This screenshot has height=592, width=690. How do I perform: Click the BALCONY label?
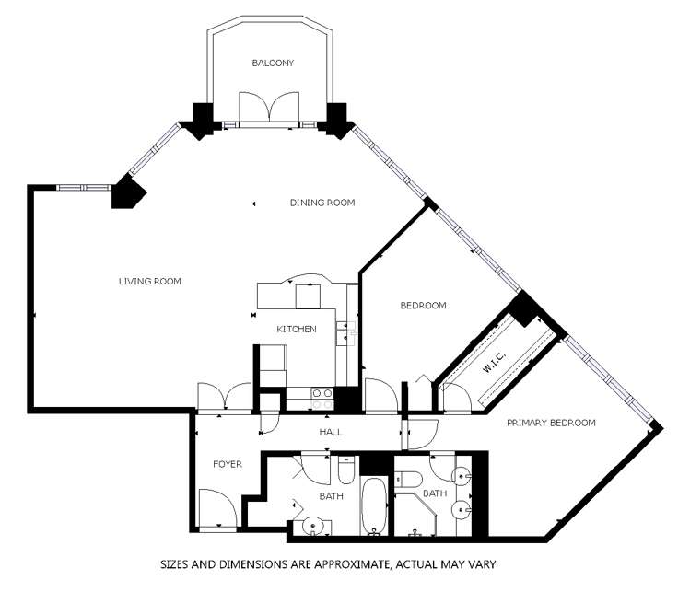tap(273, 64)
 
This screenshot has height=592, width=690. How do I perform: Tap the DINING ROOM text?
tap(322, 203)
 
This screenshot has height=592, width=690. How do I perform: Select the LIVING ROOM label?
tap(149, 282)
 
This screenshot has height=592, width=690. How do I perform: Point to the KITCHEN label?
tap(297, 329)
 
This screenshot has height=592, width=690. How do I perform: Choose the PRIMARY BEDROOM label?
tap(551, 423)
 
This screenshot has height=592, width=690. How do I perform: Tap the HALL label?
tap(330, 431)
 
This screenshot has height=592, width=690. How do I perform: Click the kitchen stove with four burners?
tap(322, 398)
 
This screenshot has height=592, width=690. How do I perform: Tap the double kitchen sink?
tap(346, 331)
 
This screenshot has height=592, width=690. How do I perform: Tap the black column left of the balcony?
tap(199, 119)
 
